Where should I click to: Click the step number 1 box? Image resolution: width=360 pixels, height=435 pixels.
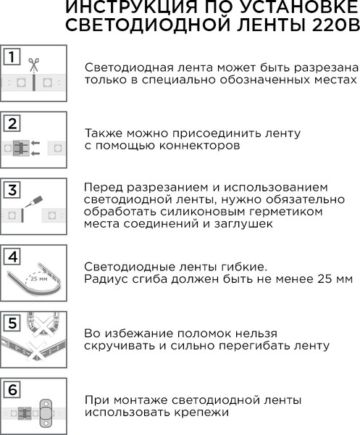(11, 57)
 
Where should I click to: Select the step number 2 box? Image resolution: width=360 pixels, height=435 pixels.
(11, 123)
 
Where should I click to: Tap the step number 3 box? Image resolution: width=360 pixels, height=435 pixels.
(11, 191)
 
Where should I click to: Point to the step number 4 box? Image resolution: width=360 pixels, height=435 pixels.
(11, 257)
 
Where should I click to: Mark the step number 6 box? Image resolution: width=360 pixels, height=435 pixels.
(11, 389)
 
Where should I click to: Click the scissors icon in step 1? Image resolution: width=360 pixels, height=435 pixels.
(33, 65)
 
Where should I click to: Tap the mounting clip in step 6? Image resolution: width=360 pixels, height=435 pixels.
(47, 413)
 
